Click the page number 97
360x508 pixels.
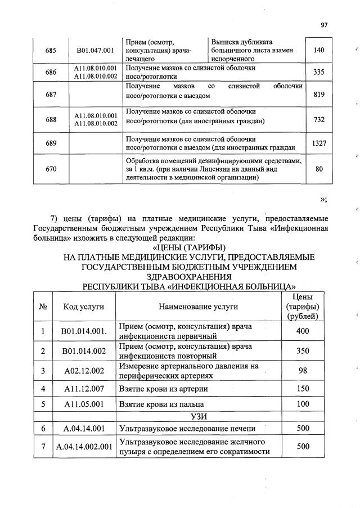click(x=324, y=25)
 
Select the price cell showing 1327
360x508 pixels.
click(x=319, y=143)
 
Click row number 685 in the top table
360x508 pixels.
click(x=50, y=50)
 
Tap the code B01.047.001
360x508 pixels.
click(x=95, y=50)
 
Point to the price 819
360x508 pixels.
click(x=319, y=95)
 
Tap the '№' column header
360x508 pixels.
click(x=42, y=307)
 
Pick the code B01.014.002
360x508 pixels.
click(x=84, y=351)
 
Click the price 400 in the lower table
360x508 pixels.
click(x=303, y=331)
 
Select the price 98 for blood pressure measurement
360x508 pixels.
click(x=303, y=371)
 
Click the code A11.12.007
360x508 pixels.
click(x=84, y=389)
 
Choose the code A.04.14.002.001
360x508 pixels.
click(x=84, y=447)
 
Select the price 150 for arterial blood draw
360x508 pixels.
click(x=303, y=389)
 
